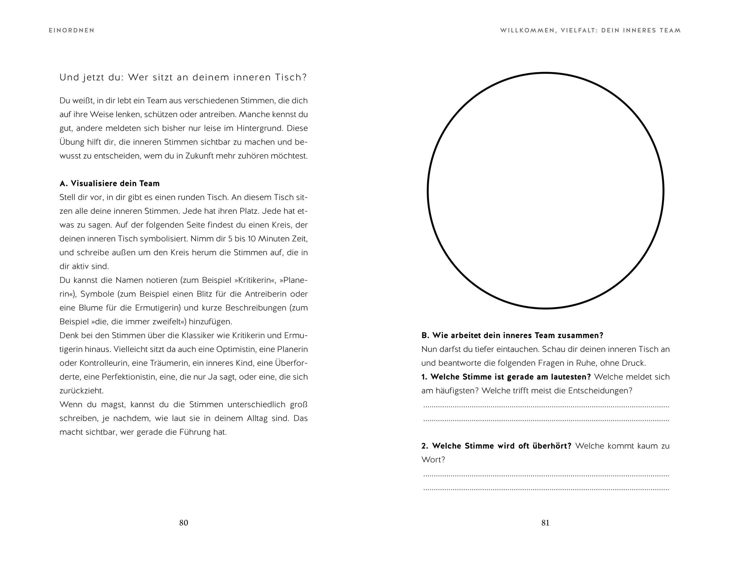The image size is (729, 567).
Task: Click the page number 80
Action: click(183, 523)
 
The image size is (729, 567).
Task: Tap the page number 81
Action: click(545, 523)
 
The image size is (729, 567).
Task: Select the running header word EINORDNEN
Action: click(71, 30)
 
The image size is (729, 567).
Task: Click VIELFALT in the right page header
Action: click(578, 30)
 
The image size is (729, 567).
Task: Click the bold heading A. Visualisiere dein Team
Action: click(109, 183)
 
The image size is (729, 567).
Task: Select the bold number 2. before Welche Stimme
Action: click(425, 446)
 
